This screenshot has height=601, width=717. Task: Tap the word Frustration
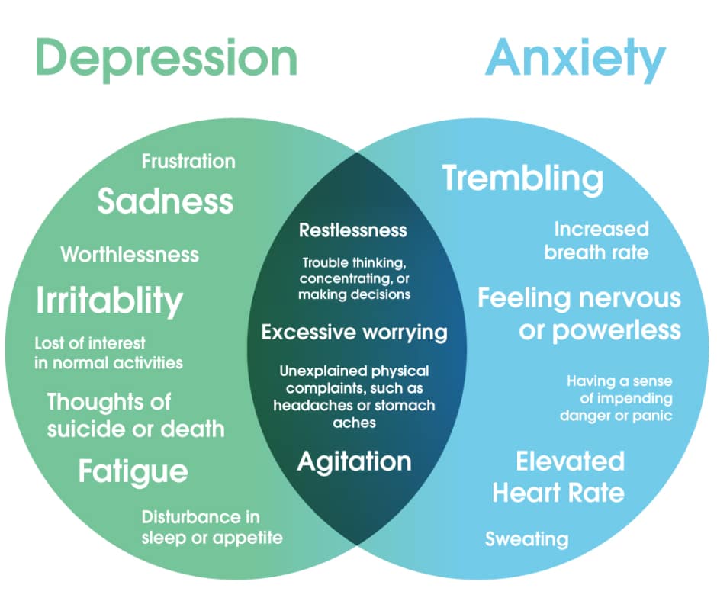(188, 161)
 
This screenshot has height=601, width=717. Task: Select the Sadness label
(165, 201)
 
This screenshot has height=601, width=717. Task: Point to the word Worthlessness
(130, 254)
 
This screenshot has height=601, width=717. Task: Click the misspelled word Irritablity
(109, 300)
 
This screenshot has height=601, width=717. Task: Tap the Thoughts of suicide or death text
(136, 415)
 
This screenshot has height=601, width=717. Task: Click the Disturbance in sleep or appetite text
(212, 527)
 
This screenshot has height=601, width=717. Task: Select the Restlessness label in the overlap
(353, 230)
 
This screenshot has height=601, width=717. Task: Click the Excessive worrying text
(354, 333)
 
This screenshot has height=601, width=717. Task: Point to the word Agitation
(354, 461)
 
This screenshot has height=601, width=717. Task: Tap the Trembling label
(522, 178)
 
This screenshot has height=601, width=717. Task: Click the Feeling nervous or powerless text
(579, 313)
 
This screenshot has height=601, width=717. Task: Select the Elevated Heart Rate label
(558, 477)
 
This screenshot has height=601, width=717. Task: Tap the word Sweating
(526, 539)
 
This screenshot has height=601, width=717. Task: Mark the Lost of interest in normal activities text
(109, 352)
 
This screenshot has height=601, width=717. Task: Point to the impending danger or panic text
(616, 398)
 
